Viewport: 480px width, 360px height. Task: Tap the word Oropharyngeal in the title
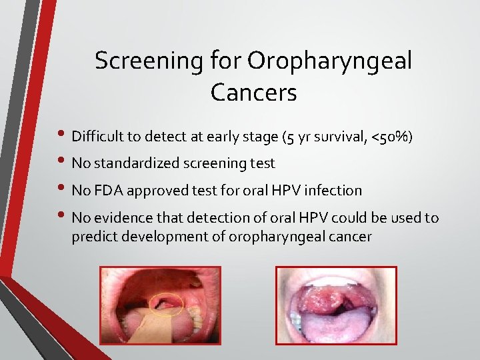click(x=329, y=61)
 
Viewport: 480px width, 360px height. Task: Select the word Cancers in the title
click(x=253, y=93)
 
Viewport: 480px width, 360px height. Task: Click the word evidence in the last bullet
click(x=119, y=217)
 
